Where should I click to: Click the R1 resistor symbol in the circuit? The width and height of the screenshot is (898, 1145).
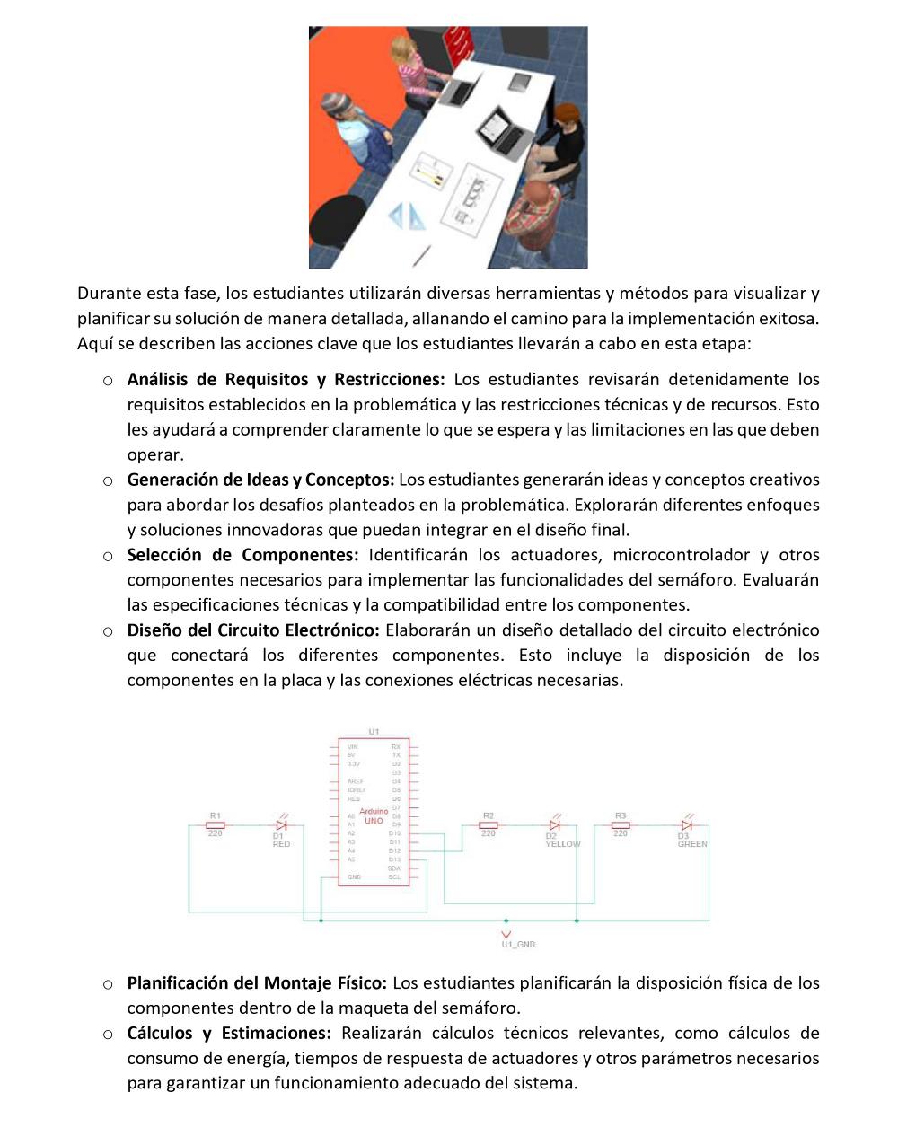point(216,824)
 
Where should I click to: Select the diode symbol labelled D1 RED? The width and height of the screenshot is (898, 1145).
point(281,824)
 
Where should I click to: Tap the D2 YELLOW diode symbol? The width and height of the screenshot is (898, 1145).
point(554,824)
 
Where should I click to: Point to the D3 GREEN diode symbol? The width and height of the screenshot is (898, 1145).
point(687,824)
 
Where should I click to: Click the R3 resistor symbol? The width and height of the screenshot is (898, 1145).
point(621,824)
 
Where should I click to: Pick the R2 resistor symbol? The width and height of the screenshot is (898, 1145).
point(488,824)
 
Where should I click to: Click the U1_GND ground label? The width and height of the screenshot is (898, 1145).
point(518,944)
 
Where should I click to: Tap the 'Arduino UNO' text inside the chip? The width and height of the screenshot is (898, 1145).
point(374,816)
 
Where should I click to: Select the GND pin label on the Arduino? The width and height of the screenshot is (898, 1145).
point(354,876)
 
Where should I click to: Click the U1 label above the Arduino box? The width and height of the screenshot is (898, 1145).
point(374,732)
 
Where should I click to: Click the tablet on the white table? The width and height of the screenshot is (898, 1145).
point(521,82)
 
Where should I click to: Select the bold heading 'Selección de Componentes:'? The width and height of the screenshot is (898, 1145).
point(242,555)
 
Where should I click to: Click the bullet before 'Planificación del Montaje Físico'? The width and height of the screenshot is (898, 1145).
point(108,983)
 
